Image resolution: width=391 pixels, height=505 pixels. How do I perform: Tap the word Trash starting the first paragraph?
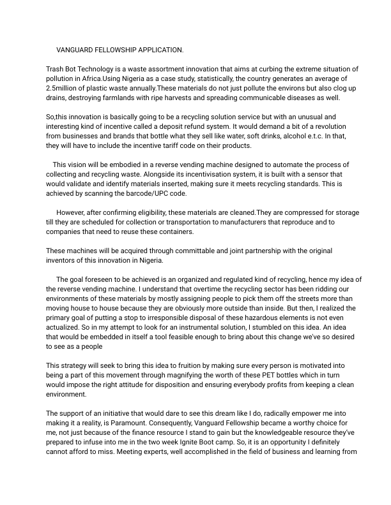[x=56, y=68]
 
